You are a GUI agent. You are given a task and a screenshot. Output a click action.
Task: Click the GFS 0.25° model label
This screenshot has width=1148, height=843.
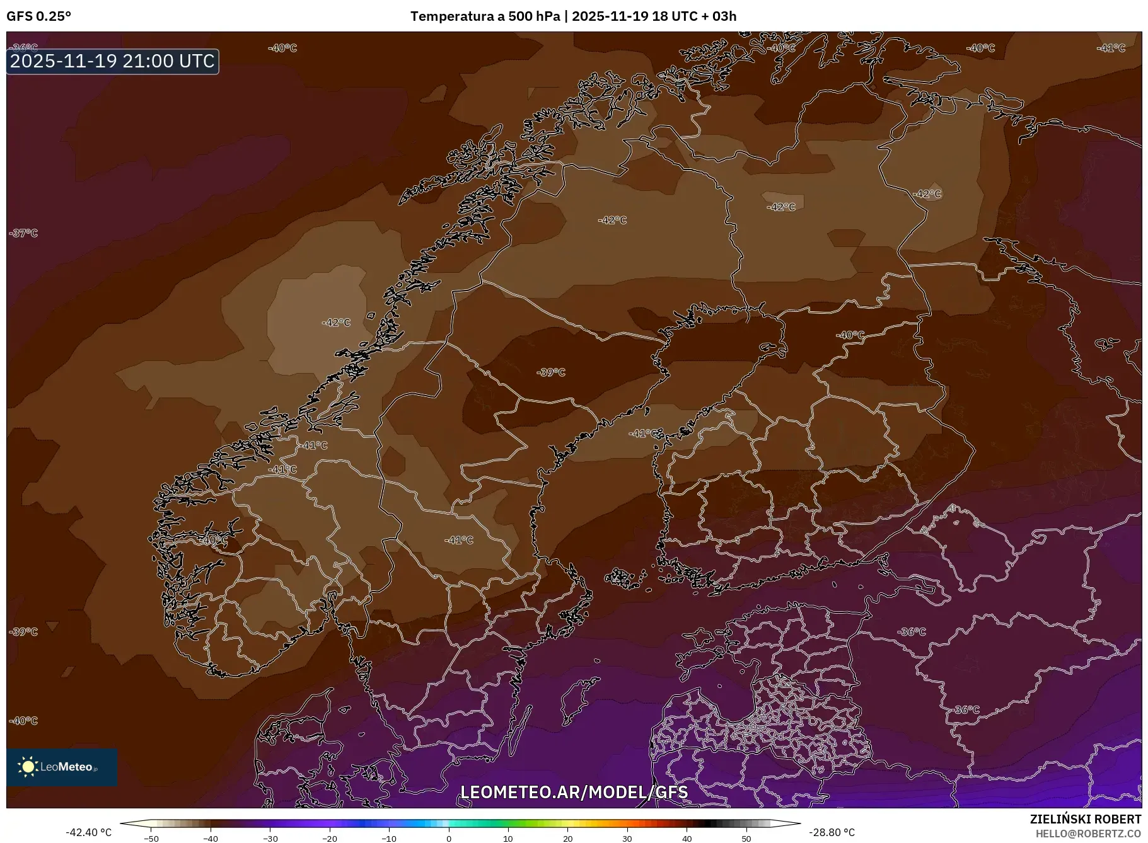pos(38,16)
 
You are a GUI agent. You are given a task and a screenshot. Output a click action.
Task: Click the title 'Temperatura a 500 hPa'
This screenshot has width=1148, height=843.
pos(485,16)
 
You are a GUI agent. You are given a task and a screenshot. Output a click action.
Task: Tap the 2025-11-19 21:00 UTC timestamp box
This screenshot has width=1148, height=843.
pos(113,61)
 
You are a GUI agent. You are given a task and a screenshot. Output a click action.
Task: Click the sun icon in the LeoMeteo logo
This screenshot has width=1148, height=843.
pos(28,767)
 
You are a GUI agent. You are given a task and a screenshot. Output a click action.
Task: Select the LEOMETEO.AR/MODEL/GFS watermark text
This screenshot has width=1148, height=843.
pos(574,792)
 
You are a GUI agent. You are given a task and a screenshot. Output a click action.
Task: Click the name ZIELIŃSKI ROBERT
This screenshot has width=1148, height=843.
pos(1085,819)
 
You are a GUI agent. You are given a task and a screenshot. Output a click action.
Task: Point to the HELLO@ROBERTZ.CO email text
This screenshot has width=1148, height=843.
pos(1088,834)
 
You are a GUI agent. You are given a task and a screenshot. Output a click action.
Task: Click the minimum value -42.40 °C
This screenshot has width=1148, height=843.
pos(89,832)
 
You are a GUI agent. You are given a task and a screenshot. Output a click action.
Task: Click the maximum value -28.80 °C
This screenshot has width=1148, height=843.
pos(832,832)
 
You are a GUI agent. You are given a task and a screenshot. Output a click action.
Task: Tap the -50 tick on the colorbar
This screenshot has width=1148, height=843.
pos(151,838)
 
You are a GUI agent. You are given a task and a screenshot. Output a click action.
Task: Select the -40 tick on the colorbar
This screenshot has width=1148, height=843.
pos(211,838)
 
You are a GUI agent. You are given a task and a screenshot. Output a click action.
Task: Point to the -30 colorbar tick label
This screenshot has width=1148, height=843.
pos(270,838)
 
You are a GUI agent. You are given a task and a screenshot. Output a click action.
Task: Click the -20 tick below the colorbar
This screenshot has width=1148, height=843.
pos(330,838)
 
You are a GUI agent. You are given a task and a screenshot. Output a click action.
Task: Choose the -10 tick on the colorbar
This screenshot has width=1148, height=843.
pos(389,838)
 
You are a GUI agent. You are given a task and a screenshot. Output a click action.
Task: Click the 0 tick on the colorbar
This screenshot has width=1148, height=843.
pos(448,838)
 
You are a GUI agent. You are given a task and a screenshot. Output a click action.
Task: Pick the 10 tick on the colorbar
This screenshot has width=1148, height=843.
pos(508,838)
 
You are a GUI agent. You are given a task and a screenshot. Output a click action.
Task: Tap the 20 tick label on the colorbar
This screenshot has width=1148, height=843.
pos(567,838)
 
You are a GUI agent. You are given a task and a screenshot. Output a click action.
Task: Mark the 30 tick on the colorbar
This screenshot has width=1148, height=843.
pos(627,838)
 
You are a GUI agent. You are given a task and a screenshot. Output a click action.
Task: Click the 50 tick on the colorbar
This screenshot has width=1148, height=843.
pos(746,838)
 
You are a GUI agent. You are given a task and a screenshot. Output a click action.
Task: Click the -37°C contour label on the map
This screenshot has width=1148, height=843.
pos(24,233)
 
